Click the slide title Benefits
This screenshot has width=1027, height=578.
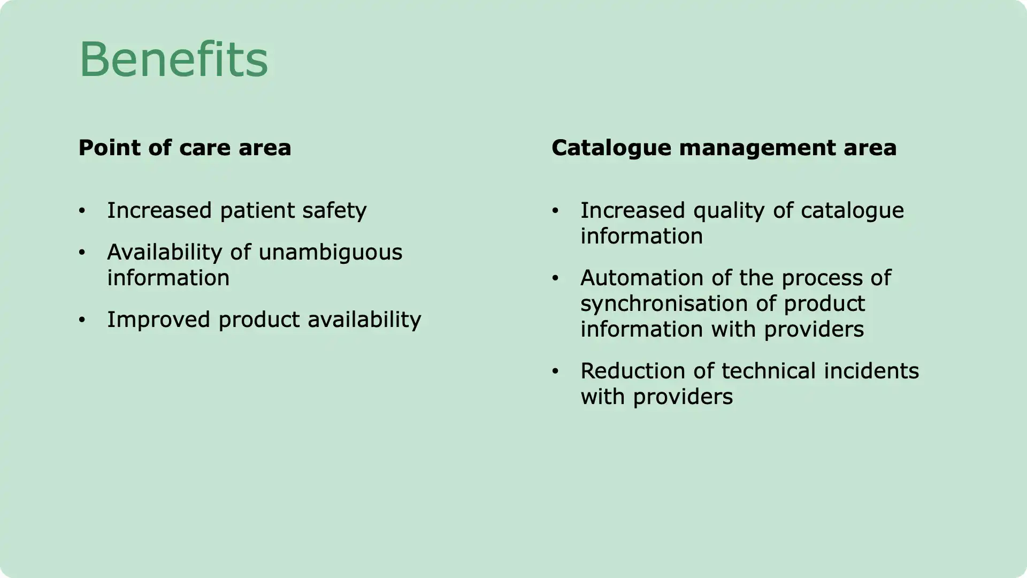173,59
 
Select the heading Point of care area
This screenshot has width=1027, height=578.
185,148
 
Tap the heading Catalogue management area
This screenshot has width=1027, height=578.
724,148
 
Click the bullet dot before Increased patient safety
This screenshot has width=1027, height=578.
82,211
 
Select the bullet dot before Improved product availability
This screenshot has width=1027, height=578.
82,320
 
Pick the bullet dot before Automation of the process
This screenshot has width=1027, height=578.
555,278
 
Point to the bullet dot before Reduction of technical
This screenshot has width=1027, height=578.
555,371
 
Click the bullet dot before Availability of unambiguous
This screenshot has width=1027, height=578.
82,253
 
